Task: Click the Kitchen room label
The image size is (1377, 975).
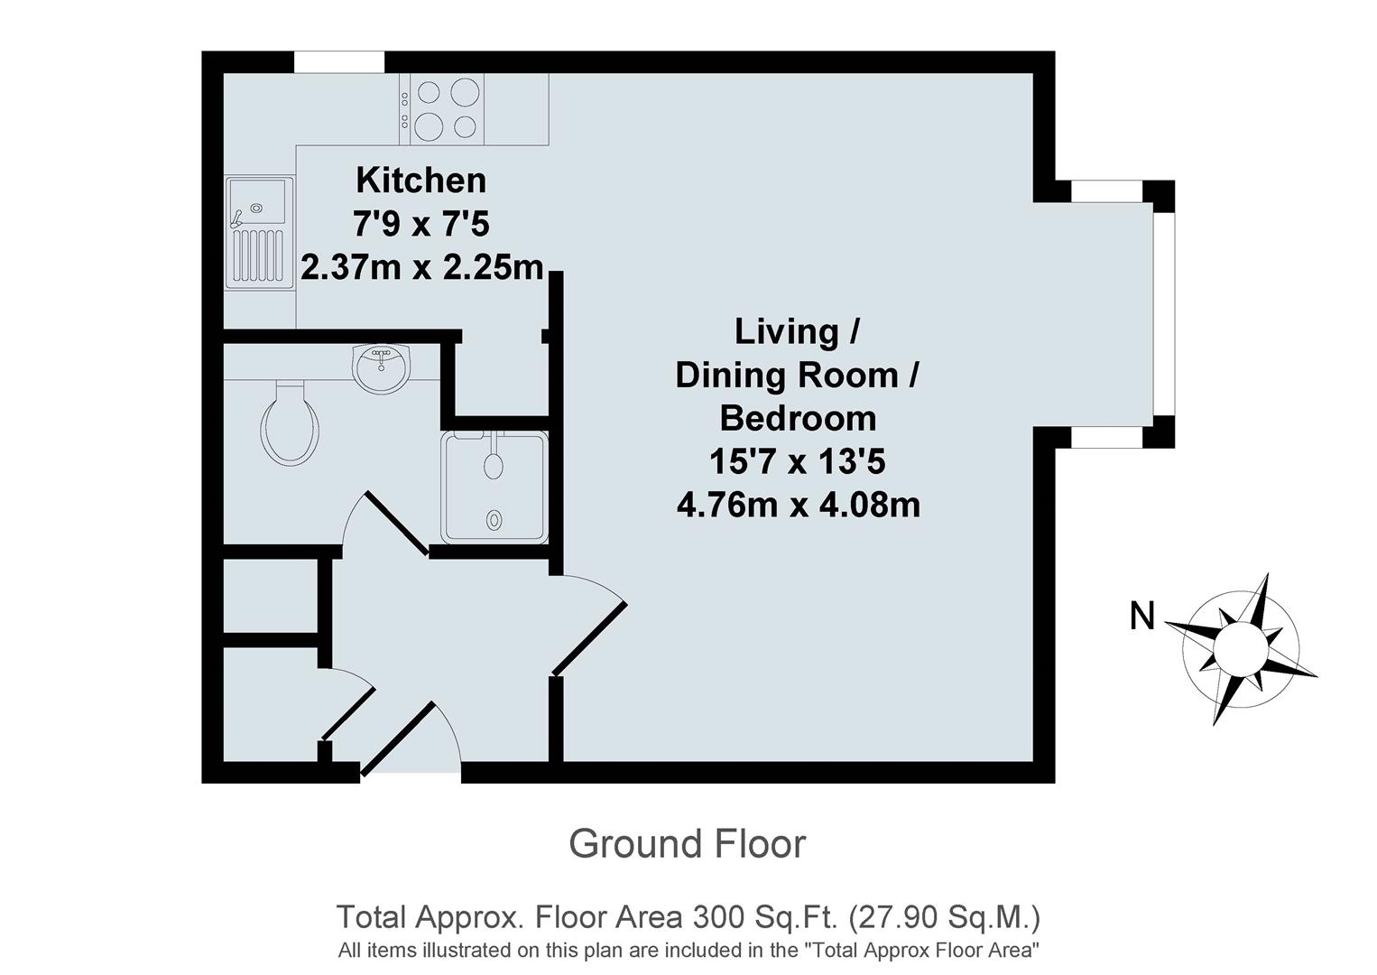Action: [x=420, y=181]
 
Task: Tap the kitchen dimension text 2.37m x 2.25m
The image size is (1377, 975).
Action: [x=422, y=268]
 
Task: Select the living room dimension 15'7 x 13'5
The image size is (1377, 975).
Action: [x=798, y=462]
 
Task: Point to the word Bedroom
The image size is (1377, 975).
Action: [x=798, y=419]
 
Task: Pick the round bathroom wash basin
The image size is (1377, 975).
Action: [x=383, y=368]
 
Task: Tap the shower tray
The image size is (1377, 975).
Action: [x=494, y=487]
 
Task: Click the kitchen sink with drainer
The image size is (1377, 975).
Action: [x=258, y=232]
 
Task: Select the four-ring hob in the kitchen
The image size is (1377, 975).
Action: [x=447, y=108]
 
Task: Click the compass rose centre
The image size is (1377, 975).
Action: [x=1240, y=648]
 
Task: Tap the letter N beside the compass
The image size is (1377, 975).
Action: [x=1142, y=617]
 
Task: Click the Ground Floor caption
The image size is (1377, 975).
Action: [x=687, y=844]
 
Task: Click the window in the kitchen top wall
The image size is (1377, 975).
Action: [x=339, y=62]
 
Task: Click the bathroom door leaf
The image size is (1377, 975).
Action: [x=396, y=523]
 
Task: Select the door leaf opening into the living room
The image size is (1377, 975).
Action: [x=589, y=638]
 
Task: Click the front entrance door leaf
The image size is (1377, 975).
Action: [x=397, y=738]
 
